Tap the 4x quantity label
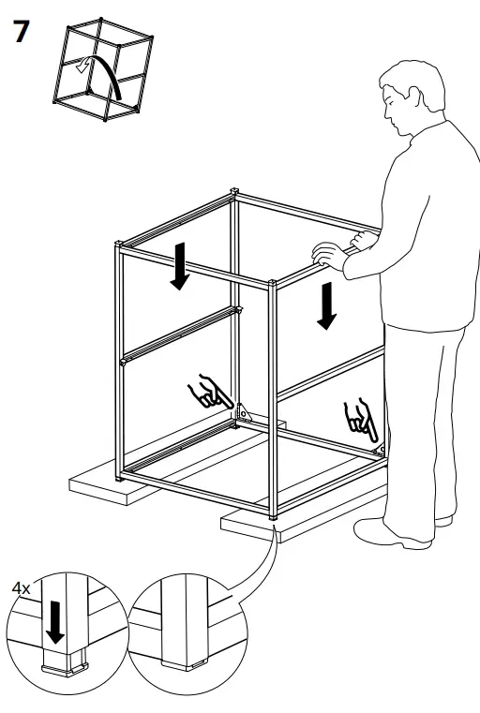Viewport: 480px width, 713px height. [21, 587]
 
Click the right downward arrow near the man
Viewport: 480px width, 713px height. [325, 305]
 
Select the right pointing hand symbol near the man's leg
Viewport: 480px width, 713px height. [360, 420]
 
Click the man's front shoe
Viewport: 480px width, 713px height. [380, 533]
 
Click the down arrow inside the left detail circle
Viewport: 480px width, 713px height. [55, 621]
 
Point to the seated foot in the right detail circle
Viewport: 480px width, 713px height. [184, 656]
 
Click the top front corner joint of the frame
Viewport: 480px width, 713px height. [271, 283]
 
